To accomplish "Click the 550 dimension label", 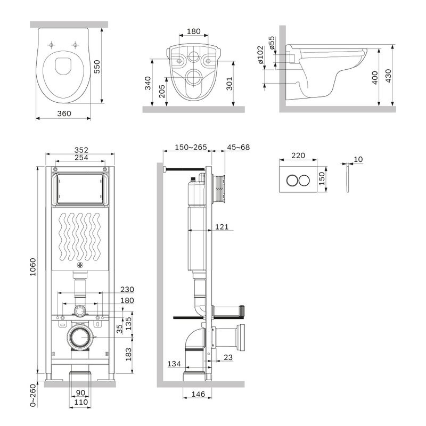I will [x=97, y=66].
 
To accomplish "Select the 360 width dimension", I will [x=64, y=113].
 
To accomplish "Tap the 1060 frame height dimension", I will [x=33, y=269].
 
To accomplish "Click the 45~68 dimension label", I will [x=238, y=148].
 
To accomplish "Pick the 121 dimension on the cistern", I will [x=222, y=227].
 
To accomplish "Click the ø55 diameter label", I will [x=272, y=43].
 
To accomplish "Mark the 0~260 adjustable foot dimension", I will [x=33, y=396].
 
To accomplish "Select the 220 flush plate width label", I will [x=298, y=156].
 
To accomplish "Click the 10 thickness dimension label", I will [x=357, y=160].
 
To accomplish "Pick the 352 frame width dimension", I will [x=81, y=149].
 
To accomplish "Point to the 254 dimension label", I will [x=81, y=158].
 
